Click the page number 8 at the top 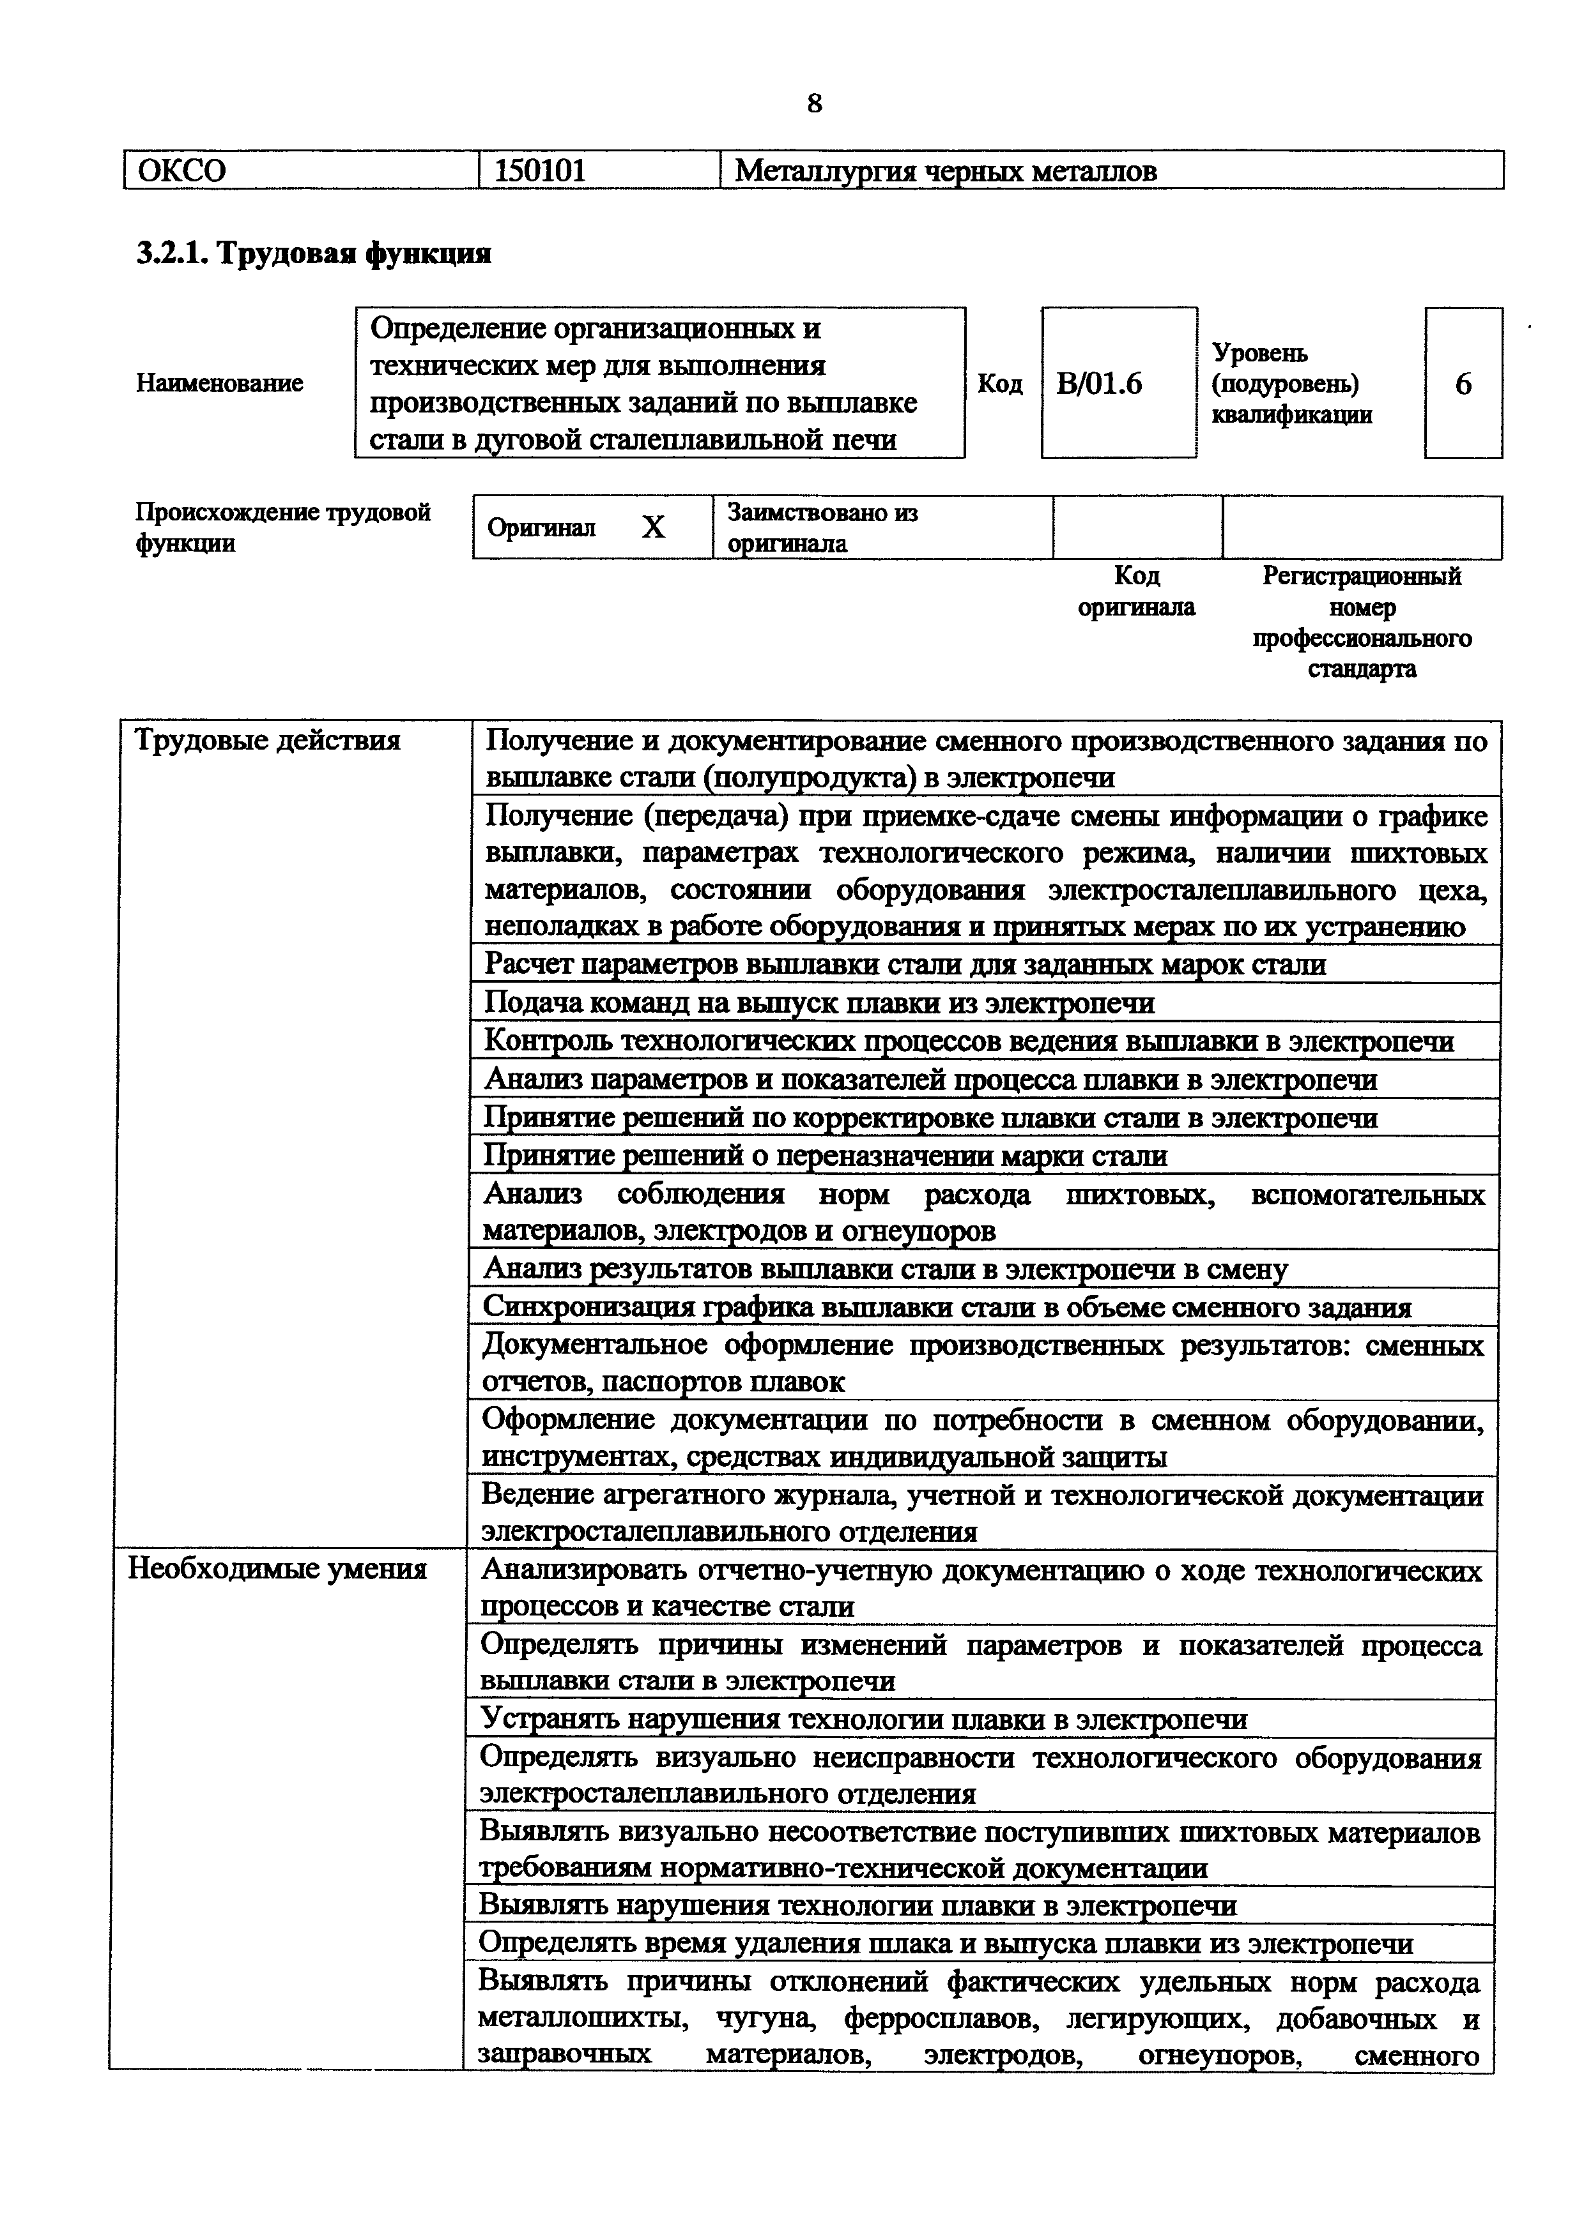[814, 102]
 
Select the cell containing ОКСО [300, 170]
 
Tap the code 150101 [540, 170]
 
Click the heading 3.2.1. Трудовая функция [313, 254]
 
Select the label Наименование [220, 383]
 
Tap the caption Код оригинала [1136, 591]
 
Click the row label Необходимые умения [278, 1569]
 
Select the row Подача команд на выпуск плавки [820, 1003]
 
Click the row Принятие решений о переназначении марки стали [826, 1156]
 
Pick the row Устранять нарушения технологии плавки [864, 1719]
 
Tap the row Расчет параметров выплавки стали [905, 965]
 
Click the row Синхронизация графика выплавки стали [947, 1307]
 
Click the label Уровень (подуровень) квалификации [1291, 383]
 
